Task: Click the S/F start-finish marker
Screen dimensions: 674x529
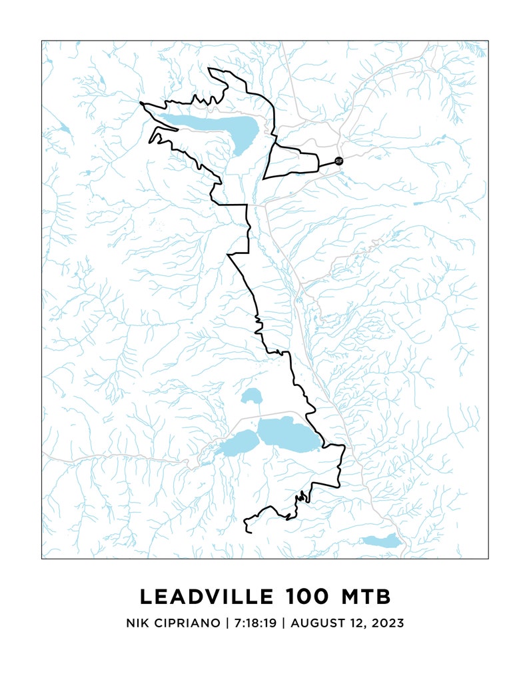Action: tap(338, 161)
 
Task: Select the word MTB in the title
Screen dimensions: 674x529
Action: tap(365, 596)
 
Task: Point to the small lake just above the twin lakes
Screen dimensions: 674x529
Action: tap(251, 397)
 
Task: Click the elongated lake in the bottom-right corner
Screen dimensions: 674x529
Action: tap(382, 541)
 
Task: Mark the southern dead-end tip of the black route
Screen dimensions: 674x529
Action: tap(247, 531)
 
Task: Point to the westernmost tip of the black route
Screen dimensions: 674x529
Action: tap(141, 103)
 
